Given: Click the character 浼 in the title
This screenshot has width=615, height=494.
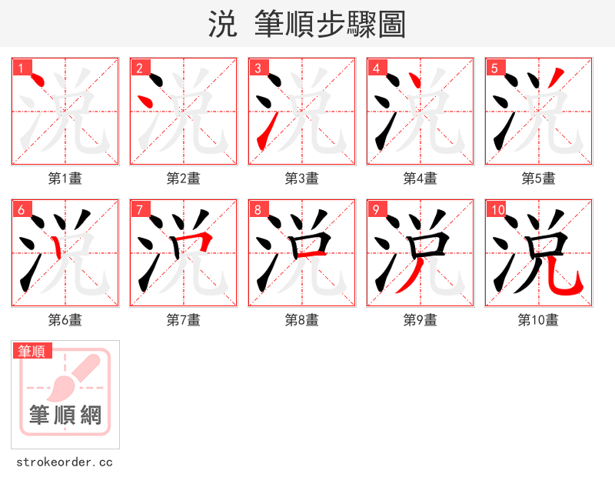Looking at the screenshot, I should click(222, 25).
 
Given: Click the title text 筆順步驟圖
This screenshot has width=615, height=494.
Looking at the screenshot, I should click(324, 25).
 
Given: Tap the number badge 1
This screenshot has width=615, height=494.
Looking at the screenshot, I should click(22, 68).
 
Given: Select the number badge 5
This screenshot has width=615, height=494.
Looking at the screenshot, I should click(495, 68).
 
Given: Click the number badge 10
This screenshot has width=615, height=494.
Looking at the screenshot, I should click(497, 209).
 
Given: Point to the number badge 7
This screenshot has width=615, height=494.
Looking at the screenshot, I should click(140, 209).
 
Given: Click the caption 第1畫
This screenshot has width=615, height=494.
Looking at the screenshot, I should click(65, 179).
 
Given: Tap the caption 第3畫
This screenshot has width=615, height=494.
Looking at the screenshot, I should click(302, 179).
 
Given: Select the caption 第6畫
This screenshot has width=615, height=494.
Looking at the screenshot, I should click(65, 320).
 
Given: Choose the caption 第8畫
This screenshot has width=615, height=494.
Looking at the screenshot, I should click(302, 320).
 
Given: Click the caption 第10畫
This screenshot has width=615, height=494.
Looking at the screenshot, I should click(538, 320).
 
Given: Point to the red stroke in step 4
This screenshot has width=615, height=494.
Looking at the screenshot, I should click(415, 80).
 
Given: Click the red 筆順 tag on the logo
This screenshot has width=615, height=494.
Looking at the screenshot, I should click(32, 351).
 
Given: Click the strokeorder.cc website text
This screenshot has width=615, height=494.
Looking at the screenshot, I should click(65, 462).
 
